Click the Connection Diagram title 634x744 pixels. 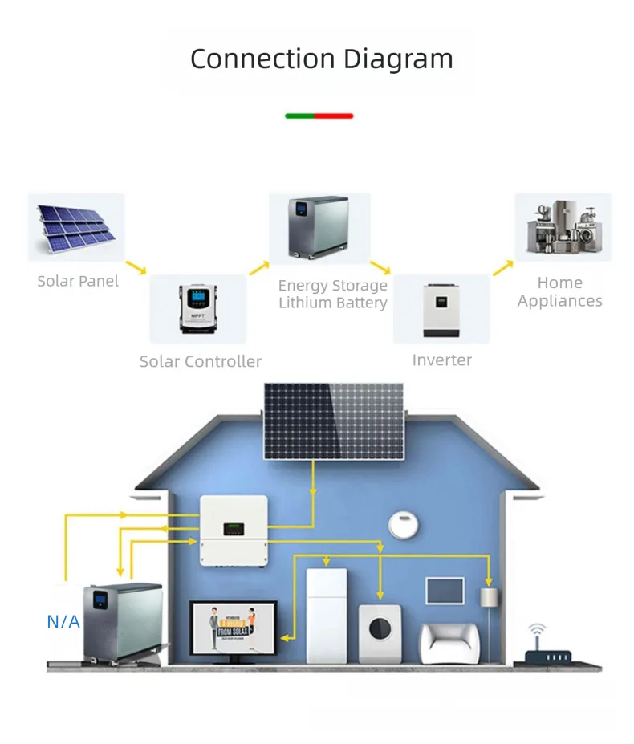coord(321,59)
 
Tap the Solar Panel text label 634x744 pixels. coord(78,281)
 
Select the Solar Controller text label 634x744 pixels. coord(200,361)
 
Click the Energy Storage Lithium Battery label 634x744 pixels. coord(332,294)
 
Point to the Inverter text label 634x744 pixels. coord(441,360)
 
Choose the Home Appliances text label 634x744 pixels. coord(559,292)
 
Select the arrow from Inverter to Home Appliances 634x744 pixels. coord(502,267)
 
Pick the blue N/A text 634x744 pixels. coord(63,620)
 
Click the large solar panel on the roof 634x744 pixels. coord(334,421)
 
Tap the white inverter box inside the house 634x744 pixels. coord(234,529)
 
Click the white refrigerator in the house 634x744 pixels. coord(327,615)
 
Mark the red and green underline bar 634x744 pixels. coord(319,116)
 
